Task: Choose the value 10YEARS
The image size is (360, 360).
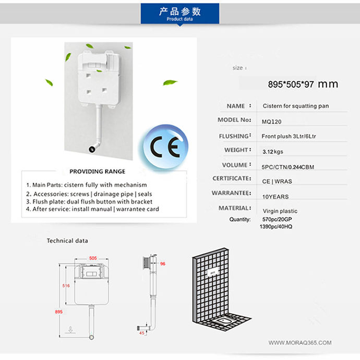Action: click(x=275, y=197)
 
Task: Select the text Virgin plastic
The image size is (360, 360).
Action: click(x=280, y=211)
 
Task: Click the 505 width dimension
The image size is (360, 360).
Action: click(x=93, y=258)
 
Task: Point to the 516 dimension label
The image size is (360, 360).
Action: click(x=66, y=286)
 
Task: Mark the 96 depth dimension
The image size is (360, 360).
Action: click(x=162, y=264)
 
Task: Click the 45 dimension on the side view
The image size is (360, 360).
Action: click(x=141, y=333)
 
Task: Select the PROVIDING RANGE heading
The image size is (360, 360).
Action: click(x=97, y=171)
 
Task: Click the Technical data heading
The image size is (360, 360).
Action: click(x=67, y=241)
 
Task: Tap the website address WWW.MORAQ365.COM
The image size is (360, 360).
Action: click(x=300, y=343)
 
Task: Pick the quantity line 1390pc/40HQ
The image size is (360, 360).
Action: click(x=275, y=227)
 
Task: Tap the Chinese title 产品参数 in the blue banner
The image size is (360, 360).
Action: click(x=179, y=11)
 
